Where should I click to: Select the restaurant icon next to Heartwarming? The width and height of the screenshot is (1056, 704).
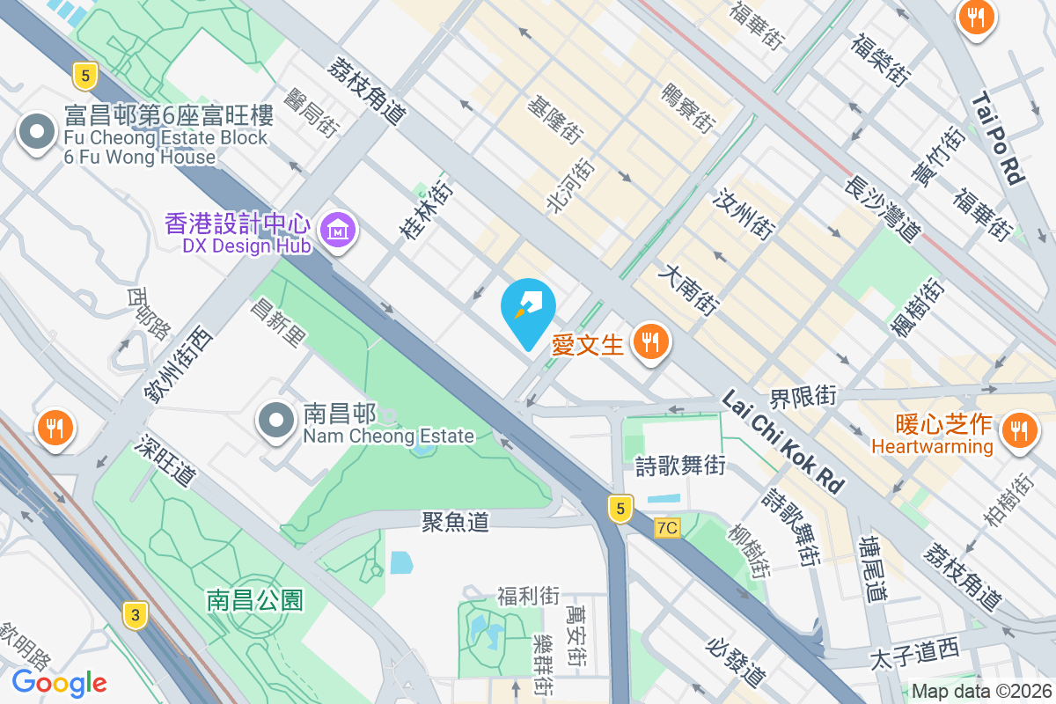tap(1019, 430)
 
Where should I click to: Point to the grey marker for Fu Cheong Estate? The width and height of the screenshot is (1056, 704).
tap(36, 133)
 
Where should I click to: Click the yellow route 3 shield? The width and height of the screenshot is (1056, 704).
tap(135, 615)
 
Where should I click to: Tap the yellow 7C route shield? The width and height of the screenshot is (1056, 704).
tap(668, 528)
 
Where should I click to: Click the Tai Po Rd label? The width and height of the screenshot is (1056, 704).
tap(999, 141)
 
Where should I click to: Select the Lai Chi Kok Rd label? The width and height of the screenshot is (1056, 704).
tap(782, 442)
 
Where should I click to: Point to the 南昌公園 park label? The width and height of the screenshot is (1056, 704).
tap(255, 601)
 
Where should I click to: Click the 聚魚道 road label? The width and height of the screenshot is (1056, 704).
tap(455, 522)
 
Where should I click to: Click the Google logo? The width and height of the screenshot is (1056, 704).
tap(59, 683)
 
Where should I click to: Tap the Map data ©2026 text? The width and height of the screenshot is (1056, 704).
tap(982, 692)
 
